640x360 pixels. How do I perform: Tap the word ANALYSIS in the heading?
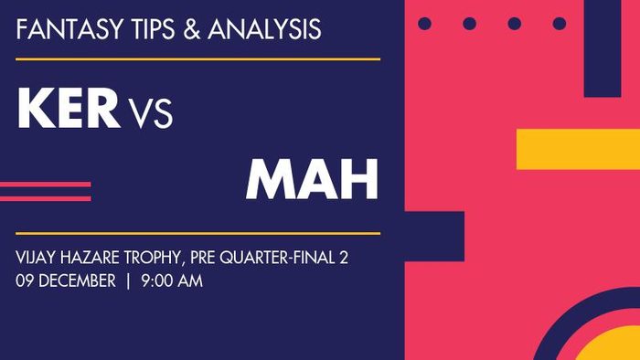pyautogui.click(x=265, y=29)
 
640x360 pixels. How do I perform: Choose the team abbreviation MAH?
pyautogui.click(x=312, y=179)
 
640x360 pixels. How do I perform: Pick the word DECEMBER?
pyautogui.click(x=80, y=281)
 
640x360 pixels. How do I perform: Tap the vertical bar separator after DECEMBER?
pyautogui.click(x=129, y=281)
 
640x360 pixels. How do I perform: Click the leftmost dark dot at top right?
pyautogui.click(x=424, y=23)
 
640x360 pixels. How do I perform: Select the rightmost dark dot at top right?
pyautogui.click(x=559, y=23)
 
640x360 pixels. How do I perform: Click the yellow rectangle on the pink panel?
pyautogui.click(x=578, y=149)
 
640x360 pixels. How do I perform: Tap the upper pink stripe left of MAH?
pyautogui.click(x=45, y=185)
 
